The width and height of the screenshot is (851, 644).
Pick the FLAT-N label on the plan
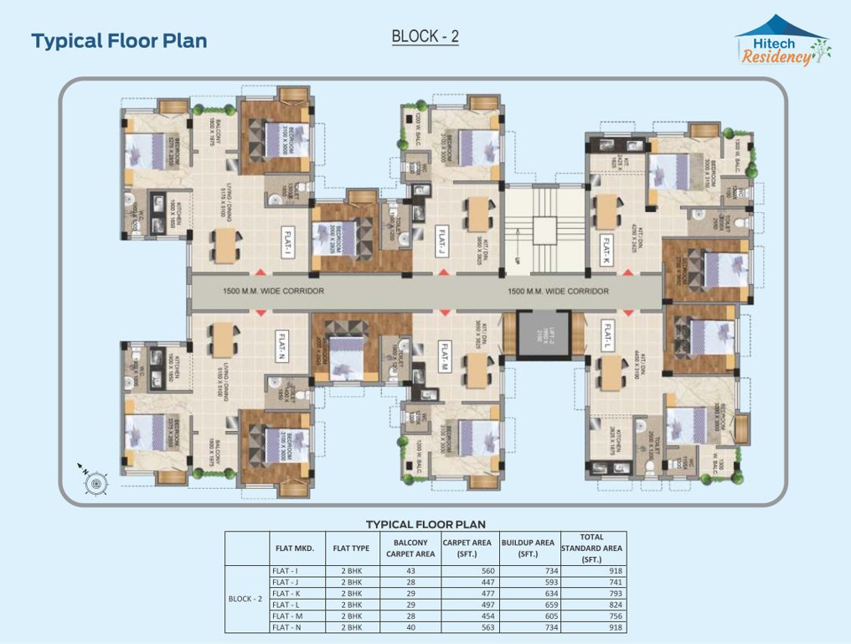point(283,343)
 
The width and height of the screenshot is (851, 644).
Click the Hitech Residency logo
point(782,42)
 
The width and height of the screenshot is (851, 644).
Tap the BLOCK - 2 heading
point(425,37)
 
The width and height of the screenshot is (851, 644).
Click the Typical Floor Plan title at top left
point(119,40)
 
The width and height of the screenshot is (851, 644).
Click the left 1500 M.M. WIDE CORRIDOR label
point(273,291)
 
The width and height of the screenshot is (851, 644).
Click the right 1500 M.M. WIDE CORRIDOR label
point(558,291)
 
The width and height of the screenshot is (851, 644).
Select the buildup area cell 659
point(527,605)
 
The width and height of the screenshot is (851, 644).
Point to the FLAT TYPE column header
point(352,548)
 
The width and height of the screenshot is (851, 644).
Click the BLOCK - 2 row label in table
point(245,599)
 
